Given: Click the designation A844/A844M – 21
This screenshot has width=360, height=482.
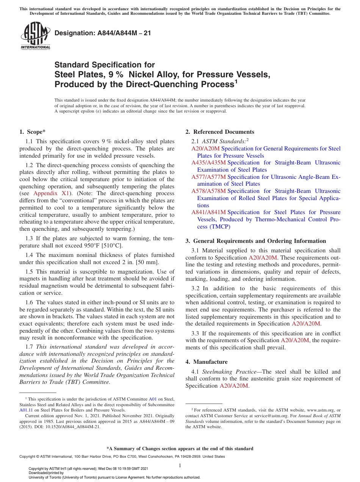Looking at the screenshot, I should point(103,33).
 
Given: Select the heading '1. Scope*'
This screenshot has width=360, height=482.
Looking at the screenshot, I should point(32,132).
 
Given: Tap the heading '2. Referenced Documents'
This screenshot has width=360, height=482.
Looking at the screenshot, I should point(220,132).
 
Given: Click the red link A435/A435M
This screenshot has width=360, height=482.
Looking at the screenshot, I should point(208,163).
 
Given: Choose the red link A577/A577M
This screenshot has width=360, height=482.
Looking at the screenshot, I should point(208,177).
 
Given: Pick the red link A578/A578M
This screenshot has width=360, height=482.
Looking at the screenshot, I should point(208,191).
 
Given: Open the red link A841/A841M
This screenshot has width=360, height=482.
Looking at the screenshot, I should point(208,212).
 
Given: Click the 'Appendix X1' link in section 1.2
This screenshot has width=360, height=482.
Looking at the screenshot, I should point(50,193).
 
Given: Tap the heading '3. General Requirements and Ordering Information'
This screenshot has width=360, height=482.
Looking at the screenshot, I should point(256,241).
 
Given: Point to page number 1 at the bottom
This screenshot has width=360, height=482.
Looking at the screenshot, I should point(180,465).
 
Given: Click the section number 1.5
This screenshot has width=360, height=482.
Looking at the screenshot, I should point(29,272).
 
